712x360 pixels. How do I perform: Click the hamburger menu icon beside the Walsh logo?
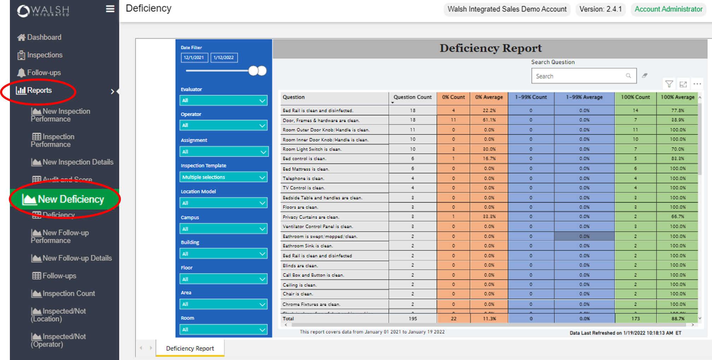click(x=110, y=9)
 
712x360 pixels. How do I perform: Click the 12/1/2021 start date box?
click(x=194, y=58)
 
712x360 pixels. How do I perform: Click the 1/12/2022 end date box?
click(x=224, y=58)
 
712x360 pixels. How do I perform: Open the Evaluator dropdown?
click(x=223, y=101)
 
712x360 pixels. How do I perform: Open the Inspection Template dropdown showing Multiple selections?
click(x=223, y=177)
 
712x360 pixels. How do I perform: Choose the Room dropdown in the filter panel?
click(x=223, y=330)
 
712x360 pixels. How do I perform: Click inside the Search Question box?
click(x=579, y=76)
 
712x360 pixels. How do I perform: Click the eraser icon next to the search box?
click(x=645, y=76)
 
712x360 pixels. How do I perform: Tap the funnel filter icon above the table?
click(x=669, y=84)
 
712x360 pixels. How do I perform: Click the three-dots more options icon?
click(x=697, y=84)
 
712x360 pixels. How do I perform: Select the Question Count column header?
click(x=412, y=97)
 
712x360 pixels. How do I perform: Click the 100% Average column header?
click(x=677, y=97)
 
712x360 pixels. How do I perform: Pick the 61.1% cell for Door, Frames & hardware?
click(x=489, y=120)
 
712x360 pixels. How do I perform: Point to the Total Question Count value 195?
click(x=413, y=319)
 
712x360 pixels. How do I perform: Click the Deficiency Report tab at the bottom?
click(x=190, y=348)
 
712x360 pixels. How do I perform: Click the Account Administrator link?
click(x=668, y=9)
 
